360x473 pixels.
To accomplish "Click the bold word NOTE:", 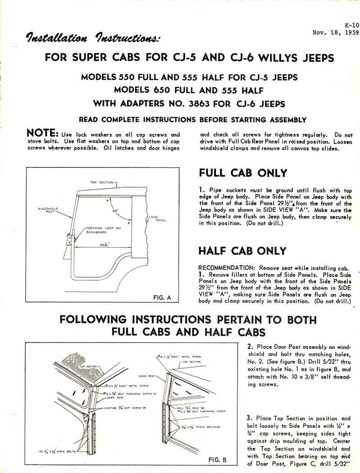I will coord(42,133).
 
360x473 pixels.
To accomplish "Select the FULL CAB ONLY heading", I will coord(243,173).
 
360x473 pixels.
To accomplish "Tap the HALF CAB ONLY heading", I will coord(242,251).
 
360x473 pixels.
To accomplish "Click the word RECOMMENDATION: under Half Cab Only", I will coord(227,267).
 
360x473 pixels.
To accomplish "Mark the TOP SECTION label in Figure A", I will coord(100,183).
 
